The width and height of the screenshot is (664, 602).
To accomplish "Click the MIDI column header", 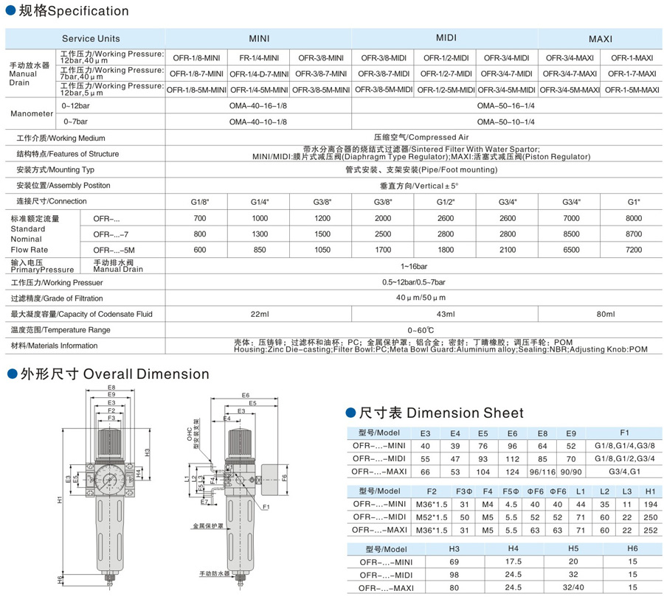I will pos(446,37).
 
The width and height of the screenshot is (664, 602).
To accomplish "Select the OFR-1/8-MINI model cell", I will pos(196,57).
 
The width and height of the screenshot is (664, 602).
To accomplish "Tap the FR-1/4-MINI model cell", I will pos(259,57).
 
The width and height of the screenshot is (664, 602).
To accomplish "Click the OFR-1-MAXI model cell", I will pos(631,57).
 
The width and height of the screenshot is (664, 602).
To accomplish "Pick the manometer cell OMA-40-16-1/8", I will pos(258,106).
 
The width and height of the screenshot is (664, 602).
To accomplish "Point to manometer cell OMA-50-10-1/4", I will pos(506,121).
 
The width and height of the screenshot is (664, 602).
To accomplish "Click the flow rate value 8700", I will pos(634,234).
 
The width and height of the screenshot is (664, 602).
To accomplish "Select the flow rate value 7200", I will pos(634,250).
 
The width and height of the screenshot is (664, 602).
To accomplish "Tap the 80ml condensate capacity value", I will pos(606,315).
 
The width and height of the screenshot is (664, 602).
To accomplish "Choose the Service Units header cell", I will pos(91,38).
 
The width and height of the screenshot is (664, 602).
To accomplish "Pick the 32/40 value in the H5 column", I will pos(573,587).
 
